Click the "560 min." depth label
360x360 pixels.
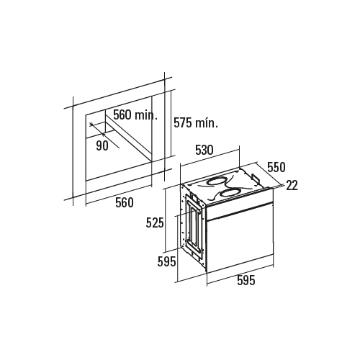tap(135, 115)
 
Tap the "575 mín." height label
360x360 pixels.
tap(196, 123)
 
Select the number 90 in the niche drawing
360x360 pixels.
tap(102, 145)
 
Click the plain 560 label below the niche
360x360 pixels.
tap(125, 202)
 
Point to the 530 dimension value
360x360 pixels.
tap(204, 150)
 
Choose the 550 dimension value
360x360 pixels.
tap(276, 168)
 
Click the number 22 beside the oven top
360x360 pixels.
tap(292, 185)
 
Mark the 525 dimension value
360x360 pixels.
tap(155, 223)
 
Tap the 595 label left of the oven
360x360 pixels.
tap(166, 261)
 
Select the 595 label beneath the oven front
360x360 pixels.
tap(246, 280)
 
